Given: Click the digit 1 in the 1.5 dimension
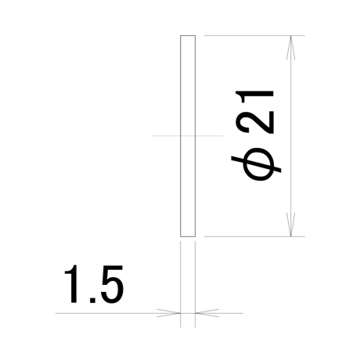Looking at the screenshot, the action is [x=73, y=284].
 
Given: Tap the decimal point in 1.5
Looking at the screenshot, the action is [x=92, y=300].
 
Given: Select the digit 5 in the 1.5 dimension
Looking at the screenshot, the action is [x=112, y=284].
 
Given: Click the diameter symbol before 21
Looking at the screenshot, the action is [x=257, y=164].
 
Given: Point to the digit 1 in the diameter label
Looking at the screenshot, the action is [x=254, y=97].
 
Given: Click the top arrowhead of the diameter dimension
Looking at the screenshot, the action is [x=291, y=48].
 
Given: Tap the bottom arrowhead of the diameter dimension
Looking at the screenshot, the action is [x=291, y=225].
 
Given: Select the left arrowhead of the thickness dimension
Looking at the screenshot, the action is [x=168, y=313].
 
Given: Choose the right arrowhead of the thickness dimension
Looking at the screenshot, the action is [x=207, y=313].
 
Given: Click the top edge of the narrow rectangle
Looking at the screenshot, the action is [x=188, y=35].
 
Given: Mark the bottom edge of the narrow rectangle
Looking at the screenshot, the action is [x=188, y=236].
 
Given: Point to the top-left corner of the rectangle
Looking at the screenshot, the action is [x=181, y=35].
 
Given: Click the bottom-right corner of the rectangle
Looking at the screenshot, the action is [x=195, y=236].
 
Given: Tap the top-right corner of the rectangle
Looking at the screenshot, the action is [x=195, y=35].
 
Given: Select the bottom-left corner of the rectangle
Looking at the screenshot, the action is [x=181, y=236].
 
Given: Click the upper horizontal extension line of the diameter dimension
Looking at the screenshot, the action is [x=254, y=35].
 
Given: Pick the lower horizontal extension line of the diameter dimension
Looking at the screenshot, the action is [x=254, y=236].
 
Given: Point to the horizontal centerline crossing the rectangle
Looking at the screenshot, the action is [x=188, y=135].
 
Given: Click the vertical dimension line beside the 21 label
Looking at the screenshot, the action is [x=291, y=136].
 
